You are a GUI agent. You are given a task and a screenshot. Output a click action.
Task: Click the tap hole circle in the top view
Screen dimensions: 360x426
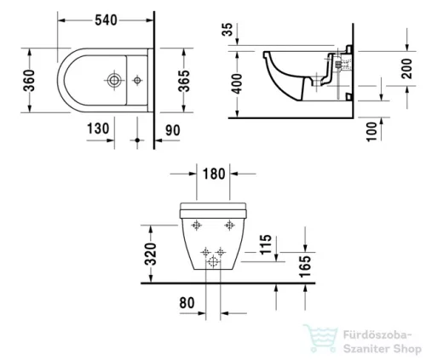112,82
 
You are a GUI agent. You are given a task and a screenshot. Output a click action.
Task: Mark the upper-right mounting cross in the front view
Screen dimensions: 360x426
229,224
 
